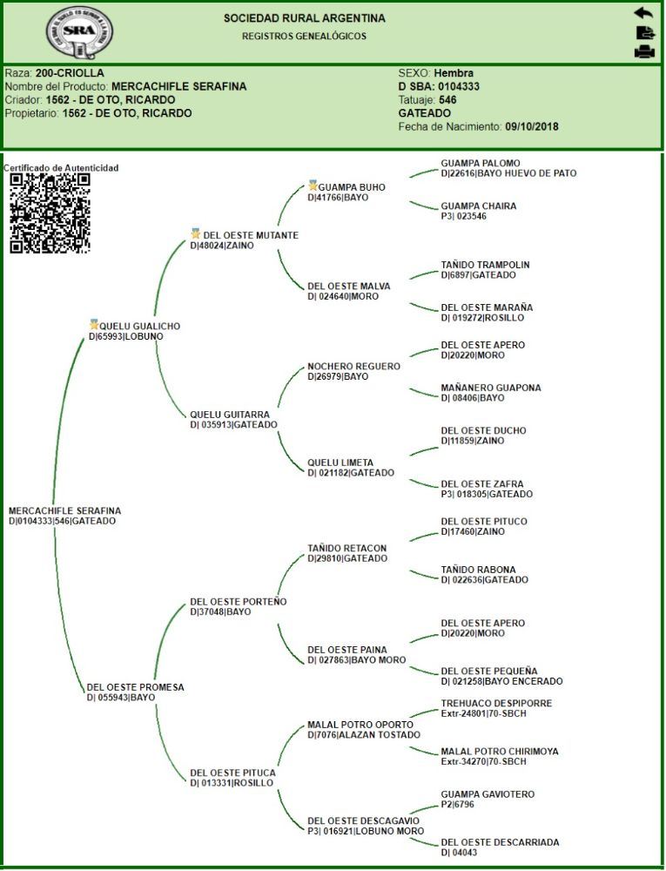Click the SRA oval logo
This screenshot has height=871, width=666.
coord(79,32)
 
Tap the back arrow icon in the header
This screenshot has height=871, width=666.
coord(642,13)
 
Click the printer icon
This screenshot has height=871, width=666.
coord(643,51)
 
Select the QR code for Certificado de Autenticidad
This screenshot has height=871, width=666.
coord(50,213)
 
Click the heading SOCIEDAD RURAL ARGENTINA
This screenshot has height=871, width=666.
coord(304,18)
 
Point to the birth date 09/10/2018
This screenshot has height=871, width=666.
coord(532,126)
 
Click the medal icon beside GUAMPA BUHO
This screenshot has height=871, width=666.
coord(313,186)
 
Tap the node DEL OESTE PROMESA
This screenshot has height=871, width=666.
coord(136,687)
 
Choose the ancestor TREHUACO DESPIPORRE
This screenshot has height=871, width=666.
coord(496,704)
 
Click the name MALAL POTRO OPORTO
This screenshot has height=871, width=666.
coord(360,725)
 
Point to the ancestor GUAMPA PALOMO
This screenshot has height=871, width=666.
coord(481,164)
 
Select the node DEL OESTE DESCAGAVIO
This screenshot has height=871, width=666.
coord(363,821)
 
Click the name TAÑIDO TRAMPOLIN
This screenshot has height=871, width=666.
coord(485,265)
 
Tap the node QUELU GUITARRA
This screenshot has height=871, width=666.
coord(229,415)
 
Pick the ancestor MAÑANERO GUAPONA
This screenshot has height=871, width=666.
coord(490,388)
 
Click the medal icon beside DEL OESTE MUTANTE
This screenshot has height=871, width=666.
coord(196,234)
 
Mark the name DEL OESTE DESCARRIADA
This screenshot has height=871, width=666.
coord(500,843)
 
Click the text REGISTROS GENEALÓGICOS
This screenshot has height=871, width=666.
coord(304,37)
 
